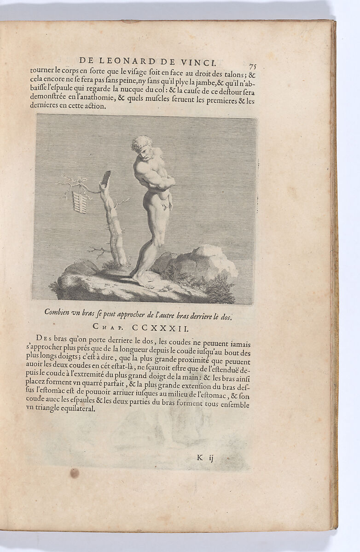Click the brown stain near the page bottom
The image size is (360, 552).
click(74, 472)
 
